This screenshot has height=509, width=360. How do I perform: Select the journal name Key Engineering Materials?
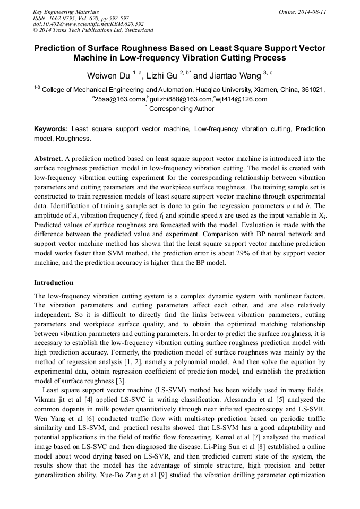[x=66, y=12]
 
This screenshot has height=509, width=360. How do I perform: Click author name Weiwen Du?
[x=108, y=75]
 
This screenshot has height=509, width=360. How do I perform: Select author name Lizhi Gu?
[x=161, y=75]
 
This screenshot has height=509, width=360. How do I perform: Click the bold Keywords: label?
[x=51, y=129]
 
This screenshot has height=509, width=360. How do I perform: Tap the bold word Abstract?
[x=48, y=159]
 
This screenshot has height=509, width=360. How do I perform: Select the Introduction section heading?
[x=54, y=283]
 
